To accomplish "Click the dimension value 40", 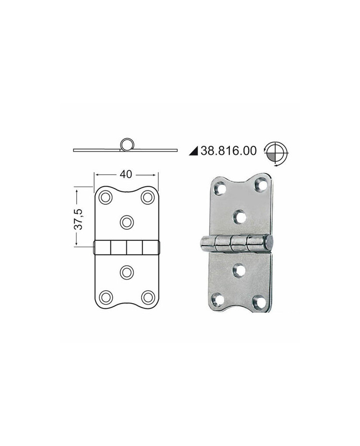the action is pos(126,175).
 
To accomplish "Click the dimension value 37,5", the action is pos(78,219).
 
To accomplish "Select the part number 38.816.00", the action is pos(228,151).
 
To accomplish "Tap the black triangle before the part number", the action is pos(193,152).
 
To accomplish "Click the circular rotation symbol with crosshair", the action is pos(276,153).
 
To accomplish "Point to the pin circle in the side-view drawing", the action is pos(127,144).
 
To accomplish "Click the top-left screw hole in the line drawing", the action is pos(105,197).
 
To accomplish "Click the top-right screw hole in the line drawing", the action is pos(148,197).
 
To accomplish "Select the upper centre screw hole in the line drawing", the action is pos(127,222).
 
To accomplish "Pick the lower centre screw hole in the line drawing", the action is pos(127,272).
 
